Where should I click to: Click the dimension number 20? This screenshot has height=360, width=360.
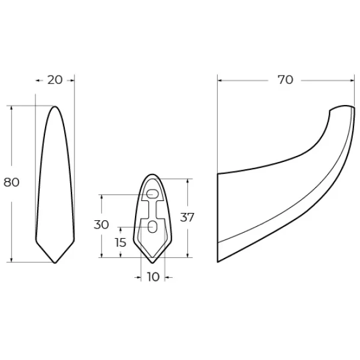(x=55, y=80)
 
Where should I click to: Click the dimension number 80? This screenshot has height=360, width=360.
(x=11, y=182)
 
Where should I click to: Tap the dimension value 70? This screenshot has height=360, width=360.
(x=286, y=80)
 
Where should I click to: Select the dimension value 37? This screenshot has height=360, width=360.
(x=187, y=217)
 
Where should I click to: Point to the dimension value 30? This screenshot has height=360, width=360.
(x=101, y=224)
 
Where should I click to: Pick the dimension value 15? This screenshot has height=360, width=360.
(x=121, y=242)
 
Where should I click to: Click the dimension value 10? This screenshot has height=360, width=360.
(x=153, y=277)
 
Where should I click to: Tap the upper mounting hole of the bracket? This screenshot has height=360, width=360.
(x=152, y=194)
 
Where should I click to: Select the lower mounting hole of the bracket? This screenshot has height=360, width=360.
(x=152, y=227)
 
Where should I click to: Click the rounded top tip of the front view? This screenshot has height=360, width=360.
(x=55, y=107)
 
